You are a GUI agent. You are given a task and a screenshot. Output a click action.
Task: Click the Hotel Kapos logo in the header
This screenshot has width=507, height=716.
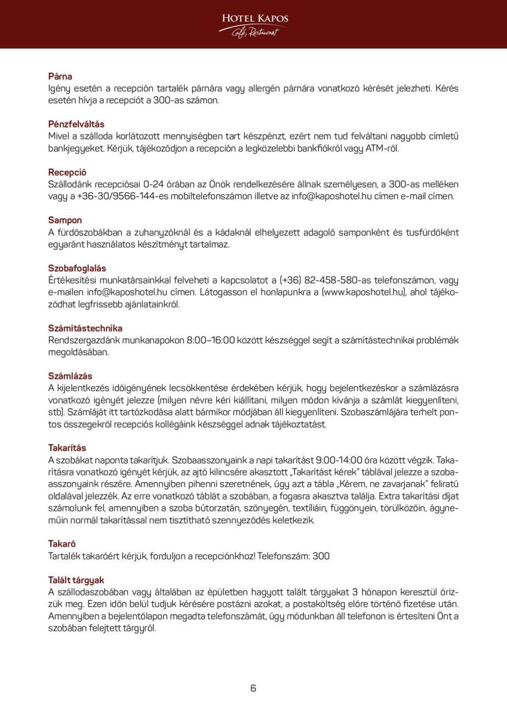[x=254, y=24]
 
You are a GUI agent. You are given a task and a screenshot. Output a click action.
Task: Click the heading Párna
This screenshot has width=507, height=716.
[x=60, y=76]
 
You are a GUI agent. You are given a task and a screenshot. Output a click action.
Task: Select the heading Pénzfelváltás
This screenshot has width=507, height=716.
[x=76, y=124]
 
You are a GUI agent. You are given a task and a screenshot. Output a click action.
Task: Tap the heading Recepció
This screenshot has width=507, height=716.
[x=67, y=172]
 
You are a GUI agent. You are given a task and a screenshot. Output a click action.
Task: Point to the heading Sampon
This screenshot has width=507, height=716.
[x=65, y=220]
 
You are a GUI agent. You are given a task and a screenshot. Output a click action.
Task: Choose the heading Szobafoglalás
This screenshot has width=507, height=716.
[x=77, y=268]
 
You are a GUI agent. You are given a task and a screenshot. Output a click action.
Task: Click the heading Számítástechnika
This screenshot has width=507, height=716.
[x=85, y=328]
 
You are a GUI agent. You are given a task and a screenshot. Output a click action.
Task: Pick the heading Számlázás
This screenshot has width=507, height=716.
[x=70, y=376]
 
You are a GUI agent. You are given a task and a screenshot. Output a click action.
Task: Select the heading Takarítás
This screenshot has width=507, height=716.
[x=67, y=447]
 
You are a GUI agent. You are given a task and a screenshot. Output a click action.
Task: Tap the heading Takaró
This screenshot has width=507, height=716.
[x=62, y=543]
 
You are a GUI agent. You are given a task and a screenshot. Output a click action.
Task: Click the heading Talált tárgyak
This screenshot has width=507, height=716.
[x=76, y=579]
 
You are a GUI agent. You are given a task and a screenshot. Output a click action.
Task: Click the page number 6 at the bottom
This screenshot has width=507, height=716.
[x=253, y=688]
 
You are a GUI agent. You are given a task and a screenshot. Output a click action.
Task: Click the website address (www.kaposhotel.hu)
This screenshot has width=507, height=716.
[x=364, y=292]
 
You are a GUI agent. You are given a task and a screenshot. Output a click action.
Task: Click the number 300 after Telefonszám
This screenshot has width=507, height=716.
[x=321, y=555]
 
